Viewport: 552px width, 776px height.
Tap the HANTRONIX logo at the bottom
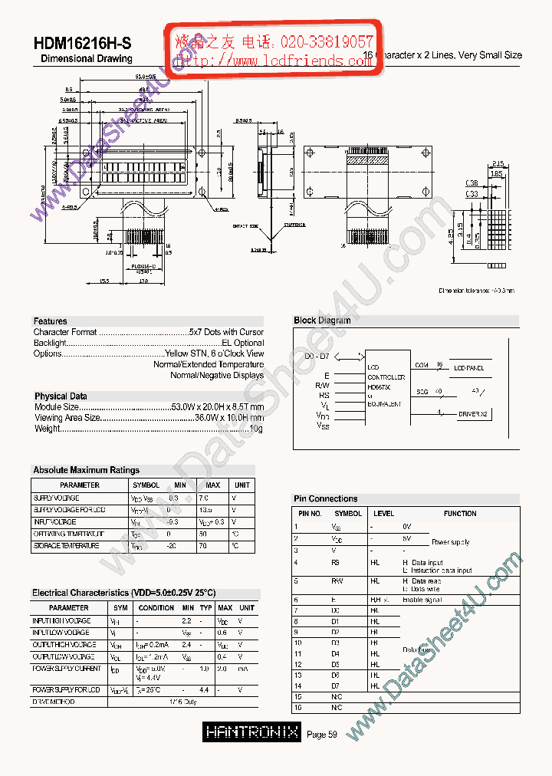251,733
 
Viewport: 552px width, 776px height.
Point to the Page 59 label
322,734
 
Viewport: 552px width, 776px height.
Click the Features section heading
51,321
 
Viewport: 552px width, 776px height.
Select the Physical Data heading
61,396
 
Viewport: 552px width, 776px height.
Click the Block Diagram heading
322,321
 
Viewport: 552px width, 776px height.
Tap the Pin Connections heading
325,498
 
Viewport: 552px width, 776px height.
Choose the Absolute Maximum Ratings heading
86,470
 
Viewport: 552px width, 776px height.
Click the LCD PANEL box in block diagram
469,369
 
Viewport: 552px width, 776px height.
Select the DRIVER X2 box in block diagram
474,414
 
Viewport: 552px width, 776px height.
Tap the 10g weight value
256,429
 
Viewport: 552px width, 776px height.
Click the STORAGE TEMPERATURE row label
66,546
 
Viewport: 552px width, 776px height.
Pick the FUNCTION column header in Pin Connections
460,514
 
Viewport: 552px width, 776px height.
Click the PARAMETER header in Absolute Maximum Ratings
80,485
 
